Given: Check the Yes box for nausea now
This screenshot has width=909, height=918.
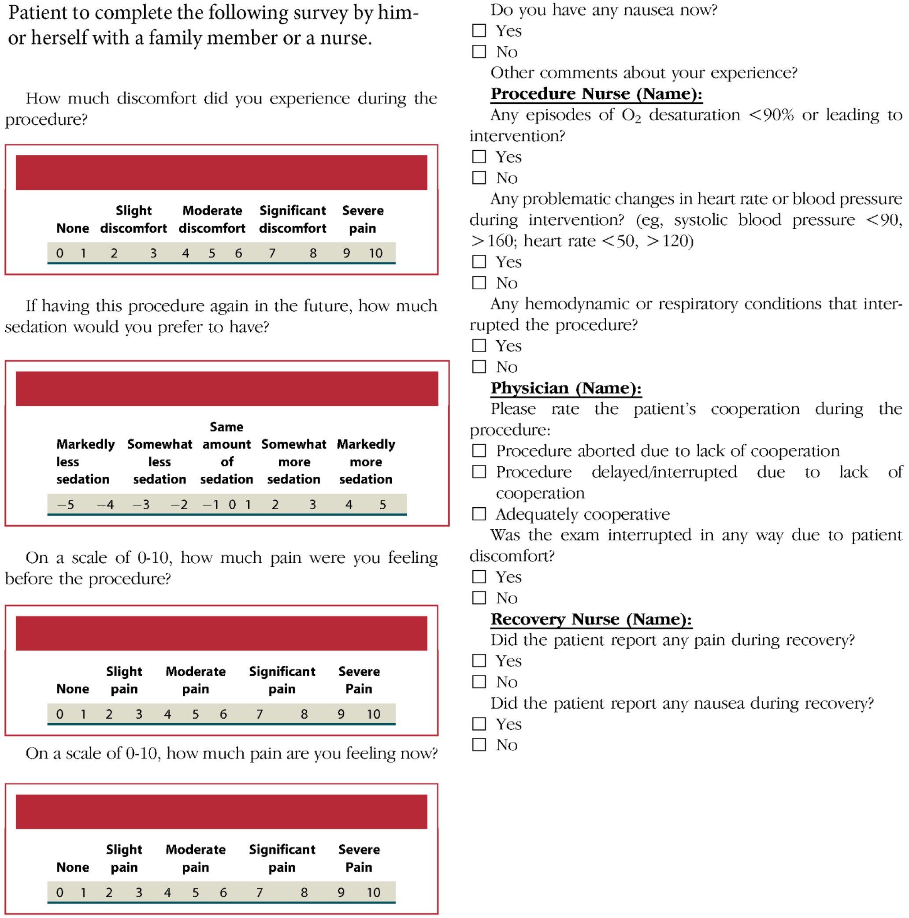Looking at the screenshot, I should pyautogui.click(x=479, y=31).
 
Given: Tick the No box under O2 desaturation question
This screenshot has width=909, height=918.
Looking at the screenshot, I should pyautogui.click(x=479, y=178).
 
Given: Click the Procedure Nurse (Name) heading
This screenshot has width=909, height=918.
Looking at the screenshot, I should pyautogui.click(x=596, y=93).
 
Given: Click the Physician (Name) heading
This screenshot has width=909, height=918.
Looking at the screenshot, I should pyautogui.click(x=566, y=388).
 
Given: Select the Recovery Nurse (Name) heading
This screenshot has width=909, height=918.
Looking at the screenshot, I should pyautogui.click(x=591, y=619).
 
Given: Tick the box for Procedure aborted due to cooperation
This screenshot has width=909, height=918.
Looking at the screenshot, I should pyautogui.click(x=479, y=450).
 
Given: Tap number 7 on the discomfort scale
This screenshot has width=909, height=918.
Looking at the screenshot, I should pyautogui.click(x=272, y=253).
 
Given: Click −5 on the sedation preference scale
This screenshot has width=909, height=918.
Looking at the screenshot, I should pyautogui.click(x=66, y=504).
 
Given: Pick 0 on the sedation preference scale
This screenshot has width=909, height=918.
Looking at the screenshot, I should pyautogui.click(x=232, y=504).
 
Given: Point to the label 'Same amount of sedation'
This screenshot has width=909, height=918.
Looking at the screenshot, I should pyautogui.click(x=226, y=453).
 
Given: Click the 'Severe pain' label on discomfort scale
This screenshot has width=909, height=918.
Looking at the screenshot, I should pyautogui.click(x=363, y=219).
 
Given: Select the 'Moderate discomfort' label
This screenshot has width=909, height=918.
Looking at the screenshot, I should pyautogui.click(x=212, y=219).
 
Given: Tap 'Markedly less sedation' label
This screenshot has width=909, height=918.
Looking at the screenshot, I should pyautogui.click(x=85, y=461).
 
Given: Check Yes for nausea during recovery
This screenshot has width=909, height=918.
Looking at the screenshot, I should pyautogui.click(x=479, y=724).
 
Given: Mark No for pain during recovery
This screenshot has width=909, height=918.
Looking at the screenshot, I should pyautogui.click(x=479, y=682).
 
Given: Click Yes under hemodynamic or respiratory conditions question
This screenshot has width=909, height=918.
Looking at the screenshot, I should pyautogui.click(x=479, y=346).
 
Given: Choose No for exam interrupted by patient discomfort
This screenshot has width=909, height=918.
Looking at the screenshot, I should pyautogui.click(x=479, y=598).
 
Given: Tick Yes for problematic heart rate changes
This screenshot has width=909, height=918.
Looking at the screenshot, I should pyautogui.click(x=479, y=261).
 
